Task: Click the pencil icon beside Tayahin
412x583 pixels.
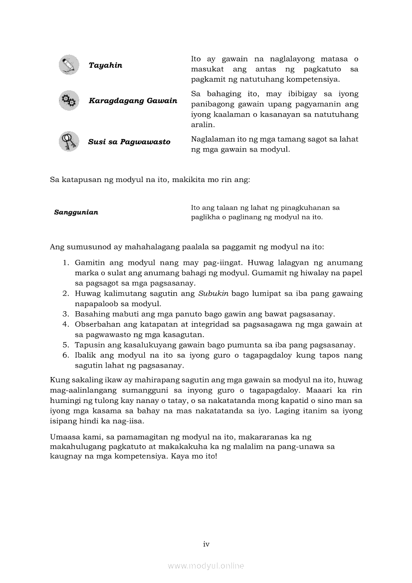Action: click(68, 65)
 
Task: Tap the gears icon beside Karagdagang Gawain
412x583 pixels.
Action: click(68, 101)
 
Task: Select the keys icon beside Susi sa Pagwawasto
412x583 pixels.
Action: click(68, 142)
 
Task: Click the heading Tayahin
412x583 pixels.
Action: click(105, 65)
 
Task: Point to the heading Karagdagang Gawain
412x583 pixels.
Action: click(133, 101)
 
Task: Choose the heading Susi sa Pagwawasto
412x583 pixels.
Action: click(129, 142)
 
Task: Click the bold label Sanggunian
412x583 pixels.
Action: click(76, 212)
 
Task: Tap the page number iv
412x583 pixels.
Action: click(206, 544)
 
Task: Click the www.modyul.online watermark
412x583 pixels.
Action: click(206, 566)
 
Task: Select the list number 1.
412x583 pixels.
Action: click(65, 262)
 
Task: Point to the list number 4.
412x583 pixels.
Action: click(65, 324)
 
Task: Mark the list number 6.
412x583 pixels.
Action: click(65, 355)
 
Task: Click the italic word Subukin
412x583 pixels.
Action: click(213, 293)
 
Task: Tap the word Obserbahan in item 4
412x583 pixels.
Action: click(97, 324)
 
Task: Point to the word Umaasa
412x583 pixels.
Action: click(64, 436)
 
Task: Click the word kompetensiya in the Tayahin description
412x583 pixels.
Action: click(315, 79)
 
